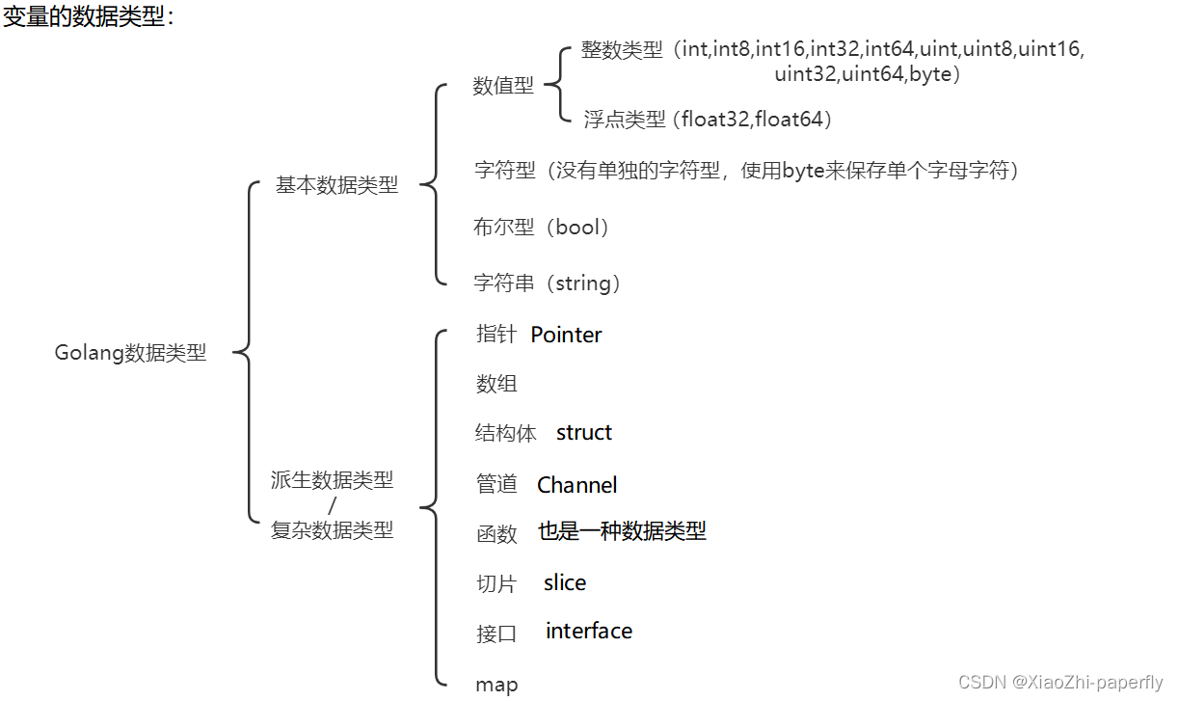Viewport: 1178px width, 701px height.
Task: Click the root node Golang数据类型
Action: (130, 353)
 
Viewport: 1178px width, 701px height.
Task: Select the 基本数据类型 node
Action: (336, 185)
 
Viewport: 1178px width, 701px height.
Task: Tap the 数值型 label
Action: (502, 86)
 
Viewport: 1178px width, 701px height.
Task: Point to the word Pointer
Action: (566, 335)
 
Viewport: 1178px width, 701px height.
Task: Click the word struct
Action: (584, 432)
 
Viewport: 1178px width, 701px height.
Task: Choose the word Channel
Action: (576, 485)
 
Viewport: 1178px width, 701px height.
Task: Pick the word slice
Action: (565, 582)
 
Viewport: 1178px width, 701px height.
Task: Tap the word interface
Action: (589, 631)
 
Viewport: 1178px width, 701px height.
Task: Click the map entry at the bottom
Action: (496, 685)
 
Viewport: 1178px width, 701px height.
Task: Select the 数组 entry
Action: (496, 384)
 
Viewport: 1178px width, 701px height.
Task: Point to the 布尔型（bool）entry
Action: (543, 228)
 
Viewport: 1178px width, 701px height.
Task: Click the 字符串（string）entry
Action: (548, 283)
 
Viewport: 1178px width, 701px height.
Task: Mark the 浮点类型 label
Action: (625, 120)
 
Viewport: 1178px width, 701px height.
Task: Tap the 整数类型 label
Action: (622, 50)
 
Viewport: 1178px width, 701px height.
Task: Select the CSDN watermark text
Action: (1060, 683)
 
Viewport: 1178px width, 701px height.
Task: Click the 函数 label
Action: (496, 533)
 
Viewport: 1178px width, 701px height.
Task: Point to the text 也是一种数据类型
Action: (622, 530)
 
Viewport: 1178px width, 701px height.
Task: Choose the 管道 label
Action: (496, 485)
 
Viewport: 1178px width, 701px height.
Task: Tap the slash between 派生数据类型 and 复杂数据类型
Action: (333, 504)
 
